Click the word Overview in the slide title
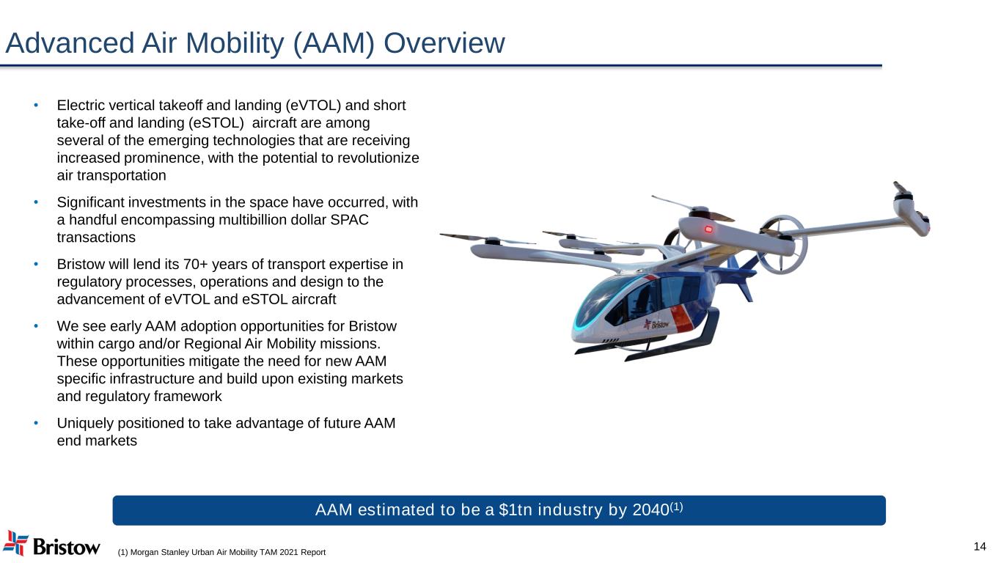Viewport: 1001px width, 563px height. point(444,44)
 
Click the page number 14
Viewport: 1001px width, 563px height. point(980,546)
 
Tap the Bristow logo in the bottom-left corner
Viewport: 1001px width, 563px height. point(51,544)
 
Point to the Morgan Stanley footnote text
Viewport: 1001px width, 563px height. point(221,551)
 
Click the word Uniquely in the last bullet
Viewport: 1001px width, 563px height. point(83,423)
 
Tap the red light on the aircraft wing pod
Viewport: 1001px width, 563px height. point(708,230)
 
